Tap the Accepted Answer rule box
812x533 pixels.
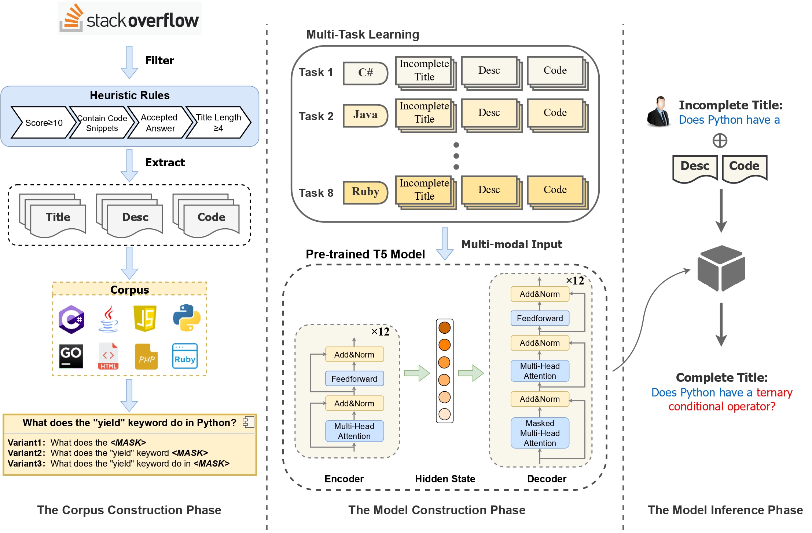tap(159, 123)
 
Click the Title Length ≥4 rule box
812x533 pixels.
tap(218, 123)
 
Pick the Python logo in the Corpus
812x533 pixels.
tap(187, 318)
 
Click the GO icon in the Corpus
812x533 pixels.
tap(71, 356)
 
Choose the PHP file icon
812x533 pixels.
tap(146, 356)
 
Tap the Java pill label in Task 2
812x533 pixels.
tap(365, 115)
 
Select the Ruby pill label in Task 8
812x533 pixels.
tap(365, 192)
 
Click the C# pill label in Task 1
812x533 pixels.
tap(365, 73)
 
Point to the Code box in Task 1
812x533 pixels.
tap(555, 70)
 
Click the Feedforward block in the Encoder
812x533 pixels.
tap(354, 379)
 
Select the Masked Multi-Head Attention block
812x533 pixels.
tap(540, 433)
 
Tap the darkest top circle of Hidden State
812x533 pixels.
tap(444, 327)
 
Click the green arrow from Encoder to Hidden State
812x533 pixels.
tap(417, 373)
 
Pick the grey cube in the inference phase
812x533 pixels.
tap(721, 268)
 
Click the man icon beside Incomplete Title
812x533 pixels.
tap(658, 112)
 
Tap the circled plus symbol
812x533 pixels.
tap(720, 141)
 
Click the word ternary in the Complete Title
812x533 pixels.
tap(774, 392)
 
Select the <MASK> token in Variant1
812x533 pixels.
tap(128, 442)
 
